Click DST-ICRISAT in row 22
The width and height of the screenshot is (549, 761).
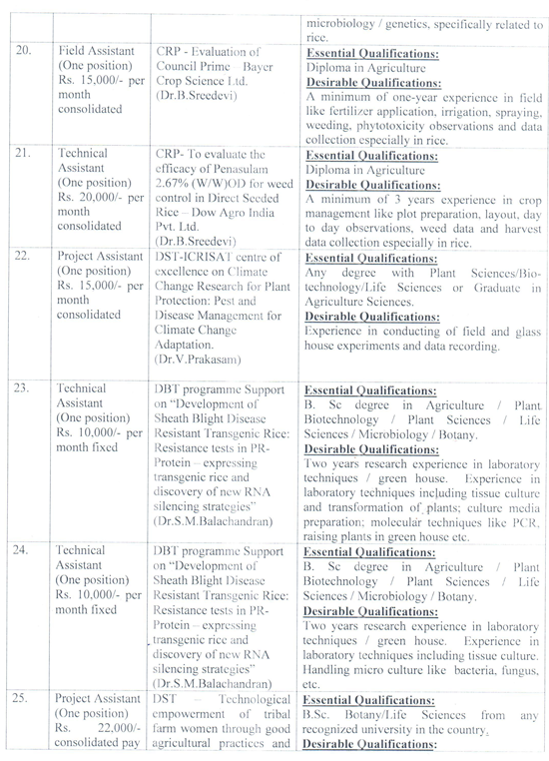tap(199, 259)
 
